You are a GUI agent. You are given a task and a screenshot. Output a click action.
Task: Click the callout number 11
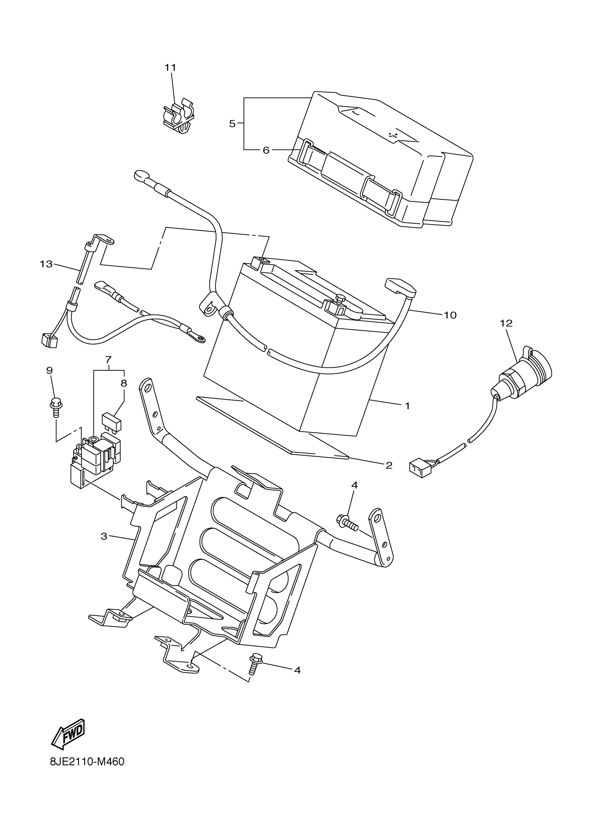click(170, 68)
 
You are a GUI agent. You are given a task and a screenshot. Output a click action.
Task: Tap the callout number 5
click(232, 124)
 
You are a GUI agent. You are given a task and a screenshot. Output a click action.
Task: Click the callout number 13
click(46, 264)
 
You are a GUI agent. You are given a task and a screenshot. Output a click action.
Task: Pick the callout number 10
click(450, 315)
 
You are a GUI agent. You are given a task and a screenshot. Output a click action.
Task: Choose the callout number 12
click(506, 323)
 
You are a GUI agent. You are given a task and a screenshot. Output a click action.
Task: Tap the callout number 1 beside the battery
click(407, 406)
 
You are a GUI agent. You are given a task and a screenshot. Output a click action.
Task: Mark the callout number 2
click(389, 465)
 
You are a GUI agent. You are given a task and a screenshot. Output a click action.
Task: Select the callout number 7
click(108, 360)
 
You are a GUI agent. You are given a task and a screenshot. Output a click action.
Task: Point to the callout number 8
click(124, 383)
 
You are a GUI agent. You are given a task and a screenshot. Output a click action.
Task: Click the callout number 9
click(50, 371)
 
